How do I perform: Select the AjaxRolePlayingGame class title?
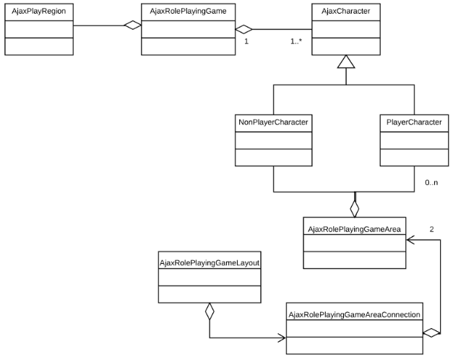pos(184,12)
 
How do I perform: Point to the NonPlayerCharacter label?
pos(273,122)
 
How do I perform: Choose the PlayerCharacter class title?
pos(410,122)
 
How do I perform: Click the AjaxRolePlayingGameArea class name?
pos(354,229)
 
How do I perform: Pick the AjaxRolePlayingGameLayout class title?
pos(210,262)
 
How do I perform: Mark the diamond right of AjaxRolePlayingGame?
pos(245,29)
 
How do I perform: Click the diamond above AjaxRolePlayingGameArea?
pos(354,208)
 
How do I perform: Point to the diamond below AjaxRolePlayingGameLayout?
pos(210,313)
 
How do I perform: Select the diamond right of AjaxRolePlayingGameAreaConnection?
pos(431,333)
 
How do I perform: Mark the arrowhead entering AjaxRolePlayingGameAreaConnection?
pos(281,338)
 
